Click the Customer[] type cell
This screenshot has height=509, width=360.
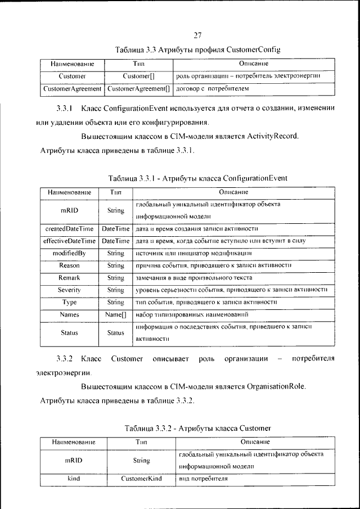tap(138, 75)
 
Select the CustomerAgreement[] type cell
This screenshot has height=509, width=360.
tap(138, 89)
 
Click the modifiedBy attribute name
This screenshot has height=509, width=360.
tap(69, 253)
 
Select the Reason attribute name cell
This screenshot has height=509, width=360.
tap(69, 265)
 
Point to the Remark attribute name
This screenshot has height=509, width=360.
tap(69, 278)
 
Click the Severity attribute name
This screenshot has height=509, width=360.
tap(69, 290)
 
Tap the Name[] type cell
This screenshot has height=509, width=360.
tap(115, 314)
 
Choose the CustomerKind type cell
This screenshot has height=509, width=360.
tap(141, 479)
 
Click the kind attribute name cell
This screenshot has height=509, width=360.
tap(74, 479)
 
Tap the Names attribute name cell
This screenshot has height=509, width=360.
tap(69, 314)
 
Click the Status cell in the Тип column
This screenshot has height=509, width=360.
tap(115, 333)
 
